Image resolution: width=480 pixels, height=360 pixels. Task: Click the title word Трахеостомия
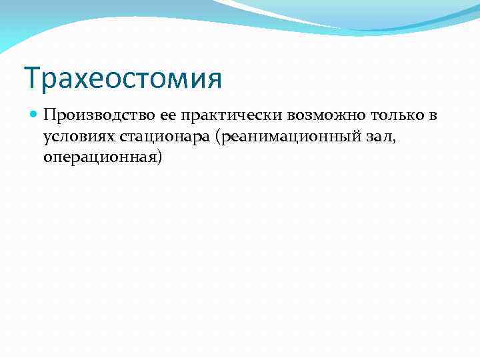pos(123,78)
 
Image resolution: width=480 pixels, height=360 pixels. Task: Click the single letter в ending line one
pos(433,115)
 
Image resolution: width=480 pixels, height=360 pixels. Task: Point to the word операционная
pos(100,159)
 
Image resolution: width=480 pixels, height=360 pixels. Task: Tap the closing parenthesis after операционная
pos(160,159)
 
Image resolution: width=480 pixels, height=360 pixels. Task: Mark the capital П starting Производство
pos(49,115)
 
